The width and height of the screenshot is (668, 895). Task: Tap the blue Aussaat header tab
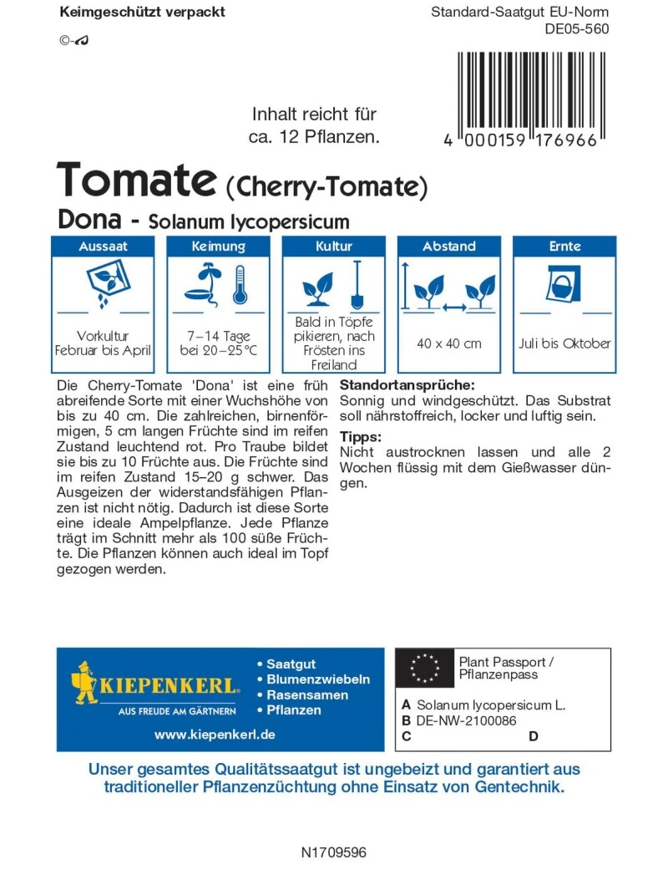point(103,247)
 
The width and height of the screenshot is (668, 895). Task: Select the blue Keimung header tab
point(218,247)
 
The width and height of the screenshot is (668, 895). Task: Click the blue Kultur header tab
point(333,247)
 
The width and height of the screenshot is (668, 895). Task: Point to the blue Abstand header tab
point(448,247)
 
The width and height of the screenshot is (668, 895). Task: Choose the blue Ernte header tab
point(564,247)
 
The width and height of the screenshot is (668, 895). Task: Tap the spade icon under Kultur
point(356,285)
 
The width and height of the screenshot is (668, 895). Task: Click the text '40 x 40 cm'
point(449,343)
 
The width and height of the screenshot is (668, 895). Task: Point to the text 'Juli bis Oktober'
point(564,343)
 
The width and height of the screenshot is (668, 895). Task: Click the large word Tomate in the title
point(136,181)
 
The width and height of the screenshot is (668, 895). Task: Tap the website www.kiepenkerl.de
point(215,735)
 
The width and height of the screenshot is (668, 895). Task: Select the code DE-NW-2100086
point(467,720)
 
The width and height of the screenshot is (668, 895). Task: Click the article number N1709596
point(333,853)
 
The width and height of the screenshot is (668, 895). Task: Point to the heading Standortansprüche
point(407,386)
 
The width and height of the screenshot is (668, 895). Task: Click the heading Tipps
point(360,437)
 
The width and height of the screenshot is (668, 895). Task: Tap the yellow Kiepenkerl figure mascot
point(85,682)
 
